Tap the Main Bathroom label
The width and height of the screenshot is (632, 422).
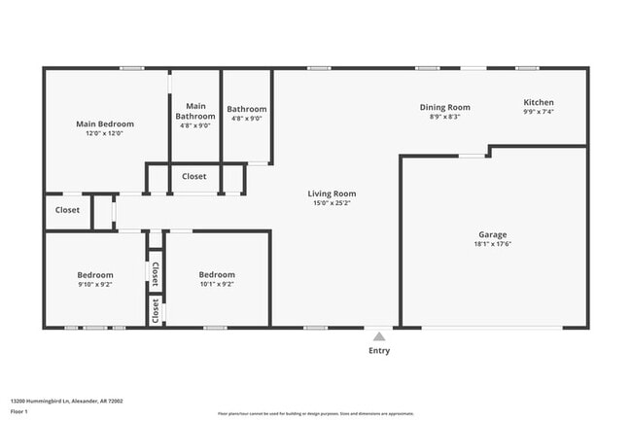[x=195, y=111]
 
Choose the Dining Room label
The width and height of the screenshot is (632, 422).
[x=444, y=107]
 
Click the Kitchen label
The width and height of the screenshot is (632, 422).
[x=539, y=102]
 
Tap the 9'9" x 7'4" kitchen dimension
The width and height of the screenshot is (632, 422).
[x=539, y=113]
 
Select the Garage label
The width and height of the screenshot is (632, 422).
[x=492, y=234]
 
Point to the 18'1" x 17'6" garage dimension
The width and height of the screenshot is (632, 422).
[x=492, y=245]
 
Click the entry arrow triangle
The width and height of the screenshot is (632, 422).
[x=379, y=334]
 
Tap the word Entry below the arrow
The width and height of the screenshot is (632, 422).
[x=379, y=351]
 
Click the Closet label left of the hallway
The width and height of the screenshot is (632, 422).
[x=67, y=210]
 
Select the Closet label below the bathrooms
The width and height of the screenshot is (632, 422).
[x=193, y=177]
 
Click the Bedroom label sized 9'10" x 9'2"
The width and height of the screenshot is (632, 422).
[x=95, y=274]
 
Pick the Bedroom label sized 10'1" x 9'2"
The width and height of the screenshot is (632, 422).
[x=216, y=274]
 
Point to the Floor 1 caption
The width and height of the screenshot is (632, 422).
[x=18, y=411]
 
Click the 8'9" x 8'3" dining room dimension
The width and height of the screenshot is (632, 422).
[x=444, y=118]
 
